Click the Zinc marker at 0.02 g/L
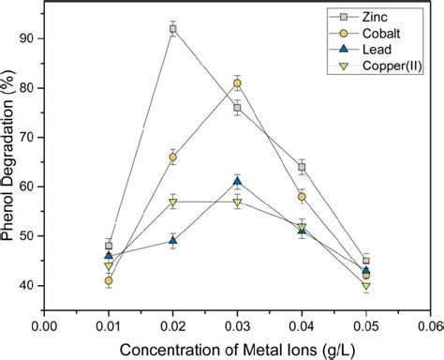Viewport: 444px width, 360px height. click(x=173, y=29)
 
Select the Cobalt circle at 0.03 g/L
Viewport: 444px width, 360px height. click(x=237, y=83)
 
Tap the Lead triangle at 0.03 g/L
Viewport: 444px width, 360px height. click(x=237, y=181)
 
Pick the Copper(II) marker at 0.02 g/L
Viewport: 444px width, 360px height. click(x=173, y=202)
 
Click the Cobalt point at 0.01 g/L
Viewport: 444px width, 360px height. click(x=109, y=280)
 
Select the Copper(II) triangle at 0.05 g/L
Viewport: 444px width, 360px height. click(x=366, y=286)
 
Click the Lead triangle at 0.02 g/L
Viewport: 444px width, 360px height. click(x=173, y=241)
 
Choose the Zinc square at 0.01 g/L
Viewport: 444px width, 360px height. click(x=109, y=246)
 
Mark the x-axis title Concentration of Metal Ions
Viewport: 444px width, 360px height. click(x=234, y=349)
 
